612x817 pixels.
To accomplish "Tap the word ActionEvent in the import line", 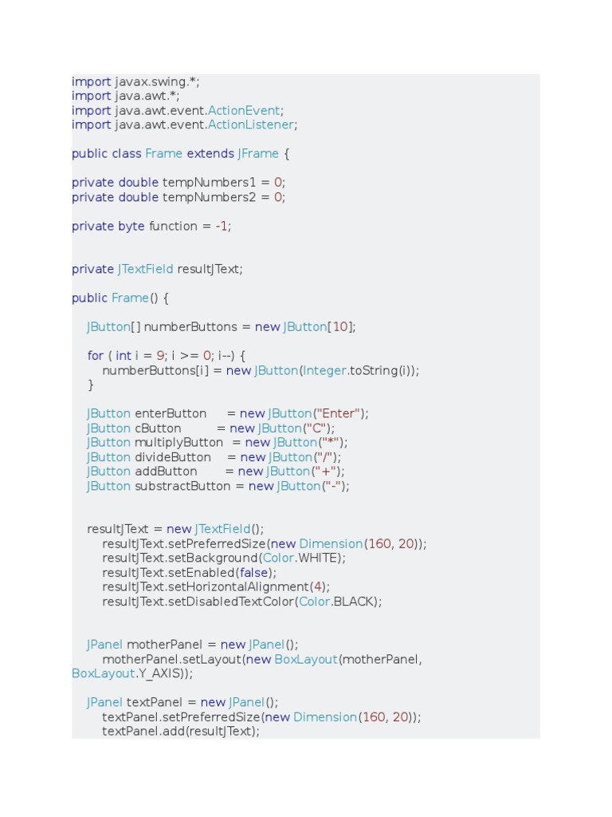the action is [244, 110].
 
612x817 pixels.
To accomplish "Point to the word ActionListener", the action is [251, 124].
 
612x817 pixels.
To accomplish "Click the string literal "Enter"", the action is [339, 413].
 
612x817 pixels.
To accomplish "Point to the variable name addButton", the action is [166, 472].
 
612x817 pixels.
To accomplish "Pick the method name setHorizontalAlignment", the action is [238, 586].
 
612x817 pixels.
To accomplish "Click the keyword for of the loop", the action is [96, 356].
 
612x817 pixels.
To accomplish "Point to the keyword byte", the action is [131, 226].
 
